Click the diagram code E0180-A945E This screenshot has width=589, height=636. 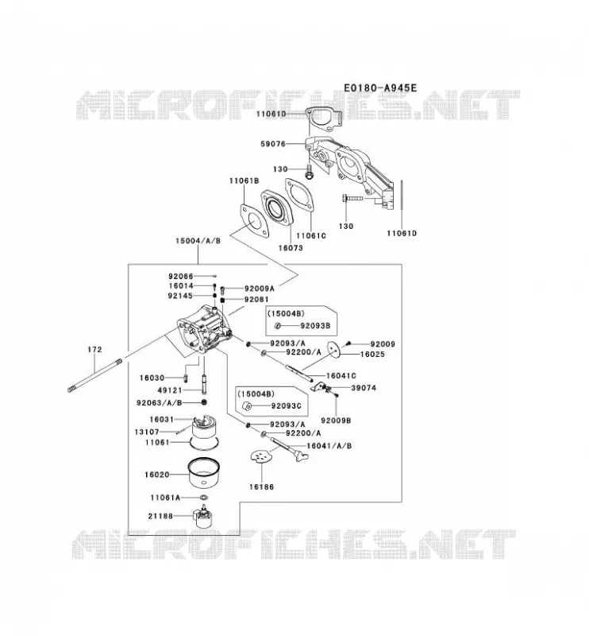click(380, 87)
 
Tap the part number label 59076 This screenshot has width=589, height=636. click(273, 144)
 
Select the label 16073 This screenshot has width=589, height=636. click(291, 247)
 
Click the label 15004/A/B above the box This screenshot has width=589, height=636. click(198, 241)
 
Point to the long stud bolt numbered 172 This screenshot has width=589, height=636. click(94, 374)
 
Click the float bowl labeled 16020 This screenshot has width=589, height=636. click(204, 473)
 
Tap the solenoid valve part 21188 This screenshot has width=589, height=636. click(203, 516)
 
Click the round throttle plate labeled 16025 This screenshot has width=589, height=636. click(334, 350)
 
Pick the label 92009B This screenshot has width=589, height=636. click(336, 421)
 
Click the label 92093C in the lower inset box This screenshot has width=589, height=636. click(286, 405)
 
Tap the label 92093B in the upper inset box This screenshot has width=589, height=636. click(315, 325)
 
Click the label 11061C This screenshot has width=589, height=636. click(311, 235)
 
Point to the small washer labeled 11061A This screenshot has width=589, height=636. click(204, 498)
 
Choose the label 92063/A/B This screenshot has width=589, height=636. click(160, 403)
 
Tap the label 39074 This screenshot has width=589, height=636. click(364, 388)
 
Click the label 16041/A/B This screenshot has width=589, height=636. click(329, 446)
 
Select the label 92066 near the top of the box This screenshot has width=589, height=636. click(181, 276)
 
